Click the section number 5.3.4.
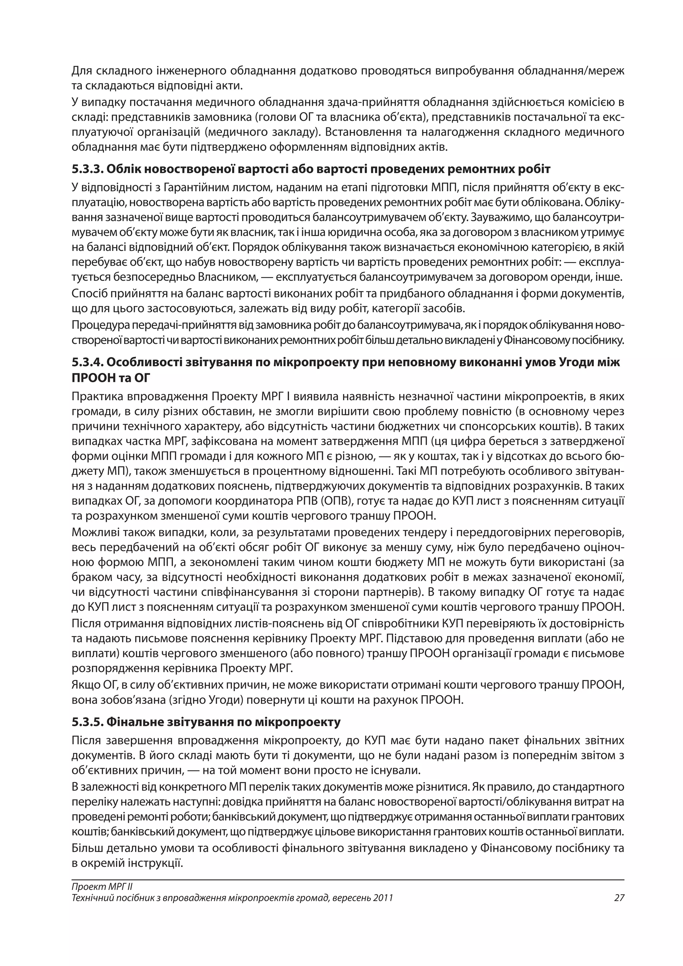(x=87, y=362)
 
